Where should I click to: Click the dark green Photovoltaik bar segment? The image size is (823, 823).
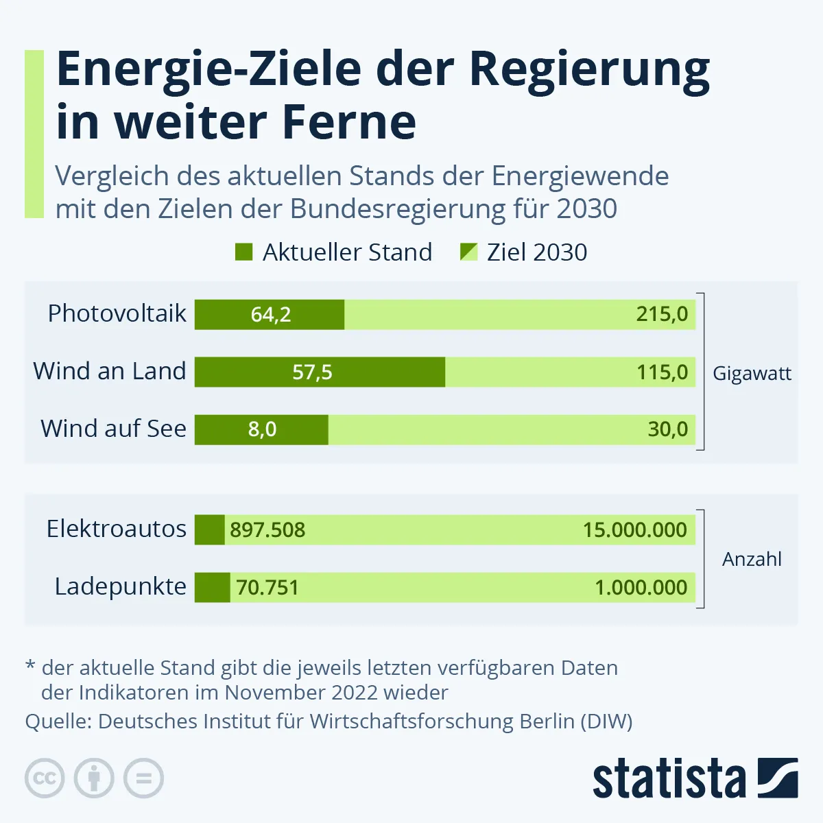click(x=269, y=315)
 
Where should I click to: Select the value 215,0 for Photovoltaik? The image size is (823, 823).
click(x=661, y=315)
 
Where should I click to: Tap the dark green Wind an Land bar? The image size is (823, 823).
click(x=320, y=372)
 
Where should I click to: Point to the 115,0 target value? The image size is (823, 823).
click(x=661, y=372)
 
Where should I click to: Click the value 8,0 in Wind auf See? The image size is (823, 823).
click(x=262, y=429)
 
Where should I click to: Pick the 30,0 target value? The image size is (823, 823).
click(x=667, y=429)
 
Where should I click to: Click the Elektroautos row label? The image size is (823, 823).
click(x=117, y=529)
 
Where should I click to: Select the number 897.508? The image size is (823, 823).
click(x=267, y=530)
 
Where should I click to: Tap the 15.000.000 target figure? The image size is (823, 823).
click(x=634, y=530)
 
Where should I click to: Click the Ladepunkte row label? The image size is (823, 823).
click(x=121, y=587)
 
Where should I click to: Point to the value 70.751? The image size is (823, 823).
click(x=267, y=588)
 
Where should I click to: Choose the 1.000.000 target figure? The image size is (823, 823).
click(x=641, y=588)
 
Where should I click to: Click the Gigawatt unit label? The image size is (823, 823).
click(x=752, y=374)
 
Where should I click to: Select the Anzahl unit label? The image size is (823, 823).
click(x=752, y=559)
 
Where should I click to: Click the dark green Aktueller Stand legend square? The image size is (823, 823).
click(x=243, y=252)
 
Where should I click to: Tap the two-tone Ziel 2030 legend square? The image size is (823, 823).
click(x=468, y=252)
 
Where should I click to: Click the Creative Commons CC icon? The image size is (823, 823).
click(x=45, y=778)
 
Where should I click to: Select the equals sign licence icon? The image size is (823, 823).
click(x=143, y=778)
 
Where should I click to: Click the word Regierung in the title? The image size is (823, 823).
click(x=589, y=70)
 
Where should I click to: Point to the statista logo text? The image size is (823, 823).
click(x=669, y=779)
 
